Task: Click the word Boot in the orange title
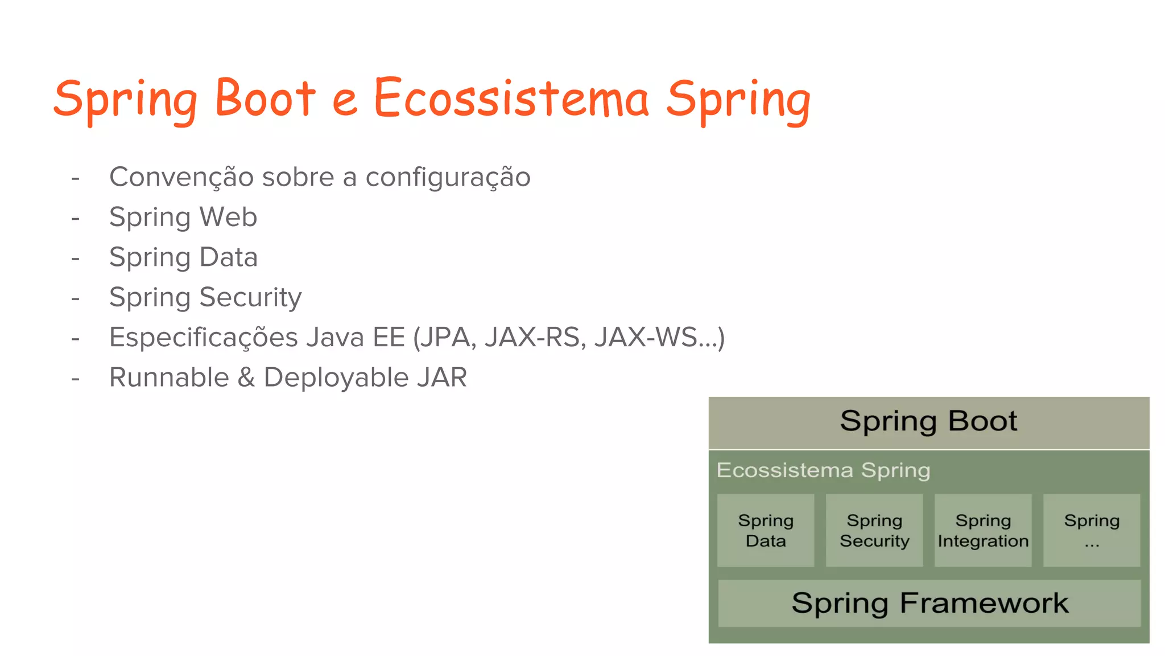pyautogui.click(x=265, y=98)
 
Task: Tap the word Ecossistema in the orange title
pyautogui.click(x=510, y=98)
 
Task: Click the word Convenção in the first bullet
pyautogui.click(x=181, y=177)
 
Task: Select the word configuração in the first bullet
pyautogui.click(x=448, y=178)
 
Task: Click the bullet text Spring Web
pyautogui.click(x=183, y=218)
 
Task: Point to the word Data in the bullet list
pyautogui.click(x=229, y=257)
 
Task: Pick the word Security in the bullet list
pyautogui.click(x=250, y=298)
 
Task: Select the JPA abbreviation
pyautogui.click(x=448, y=337)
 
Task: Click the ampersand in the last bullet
pyautogui.click(x=246, y=378)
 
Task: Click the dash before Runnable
pyautogui.click(x=75, y=378)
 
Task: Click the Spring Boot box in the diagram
pyautogui.click(x=928, y=422)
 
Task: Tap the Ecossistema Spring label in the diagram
pyautogui.click(x=823, y=470)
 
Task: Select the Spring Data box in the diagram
pyautogui.click(x=766, y=530)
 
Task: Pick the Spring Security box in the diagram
pyautogui.click(x=874, y=530)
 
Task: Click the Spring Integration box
pyautogui.click(x=983, y=530)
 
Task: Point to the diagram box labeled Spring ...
pyautogui.click(x=1092, y=530)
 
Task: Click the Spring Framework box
pyautogui.click(x=929, y=603)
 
